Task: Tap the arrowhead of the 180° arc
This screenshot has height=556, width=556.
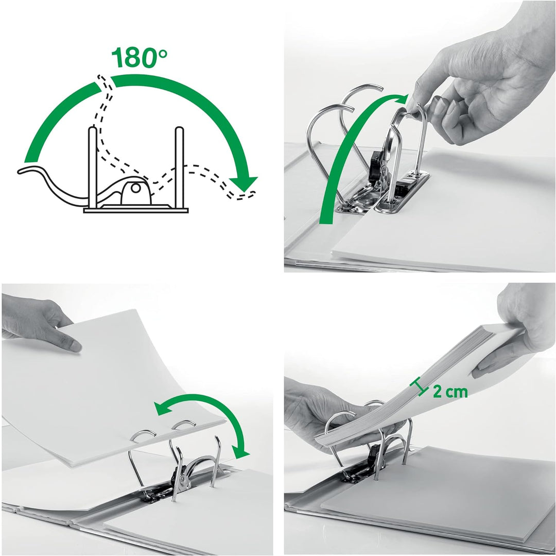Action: point(243,183)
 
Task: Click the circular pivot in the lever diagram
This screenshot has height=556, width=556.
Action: point(135,189)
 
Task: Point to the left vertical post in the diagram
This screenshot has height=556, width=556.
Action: point(92,165)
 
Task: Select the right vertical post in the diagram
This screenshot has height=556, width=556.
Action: point(179,165)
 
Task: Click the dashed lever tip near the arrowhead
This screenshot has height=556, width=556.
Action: point(249,194)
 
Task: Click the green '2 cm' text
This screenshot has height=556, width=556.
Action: point(450,392)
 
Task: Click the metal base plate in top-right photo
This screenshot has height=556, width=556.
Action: point(402,193)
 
